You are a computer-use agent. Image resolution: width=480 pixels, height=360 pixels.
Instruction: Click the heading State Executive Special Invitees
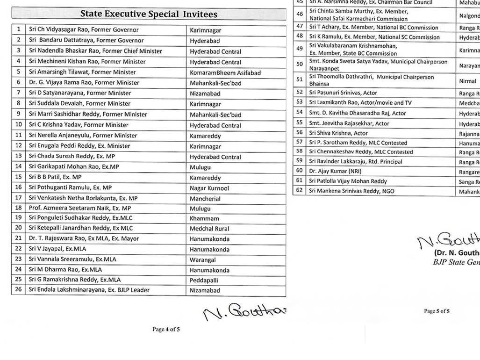point(149,14)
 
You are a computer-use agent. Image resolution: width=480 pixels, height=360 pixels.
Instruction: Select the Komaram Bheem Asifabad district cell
point(225,73)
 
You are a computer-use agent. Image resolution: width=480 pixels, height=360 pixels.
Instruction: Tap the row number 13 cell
point(19,156)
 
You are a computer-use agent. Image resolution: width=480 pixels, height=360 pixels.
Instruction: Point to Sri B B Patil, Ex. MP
point(55,177)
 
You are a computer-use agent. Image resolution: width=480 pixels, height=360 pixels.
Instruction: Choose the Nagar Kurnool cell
point(209,188)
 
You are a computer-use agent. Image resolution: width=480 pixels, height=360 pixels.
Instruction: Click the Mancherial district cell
point(205,199)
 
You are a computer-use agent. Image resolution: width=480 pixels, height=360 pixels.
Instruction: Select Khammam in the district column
point(204,218)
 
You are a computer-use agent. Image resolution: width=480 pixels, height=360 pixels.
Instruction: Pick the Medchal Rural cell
point(209,229)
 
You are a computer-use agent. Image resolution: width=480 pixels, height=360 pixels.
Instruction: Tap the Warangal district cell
point(203,260)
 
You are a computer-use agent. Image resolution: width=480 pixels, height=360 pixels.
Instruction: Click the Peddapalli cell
point(204,281)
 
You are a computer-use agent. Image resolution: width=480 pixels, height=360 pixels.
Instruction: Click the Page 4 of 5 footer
point(166,329)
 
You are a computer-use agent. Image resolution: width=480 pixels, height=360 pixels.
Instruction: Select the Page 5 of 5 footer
point(437,311)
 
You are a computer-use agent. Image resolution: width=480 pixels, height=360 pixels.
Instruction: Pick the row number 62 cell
point(299,191)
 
